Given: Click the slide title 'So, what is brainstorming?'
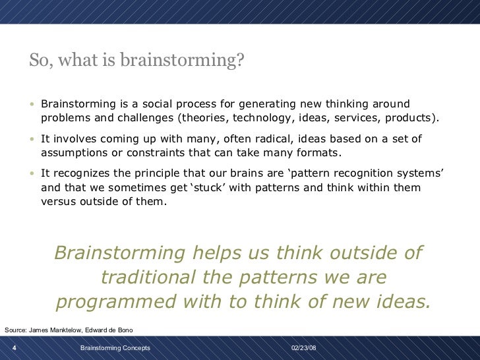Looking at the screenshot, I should (136, 61).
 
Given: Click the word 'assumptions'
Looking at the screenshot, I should (74, 153).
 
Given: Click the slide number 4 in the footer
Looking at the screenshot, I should (15, 347).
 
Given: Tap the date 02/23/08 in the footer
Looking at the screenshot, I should (303, 347).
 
